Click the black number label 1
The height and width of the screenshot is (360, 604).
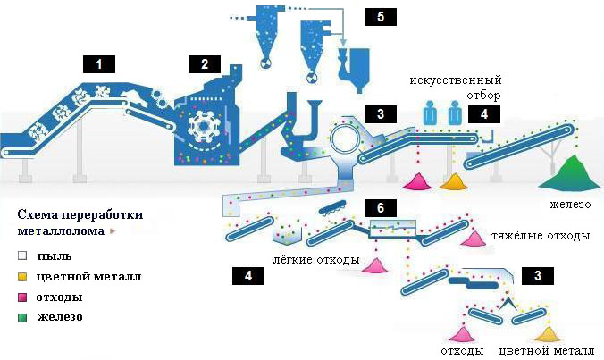(x=100, y=63)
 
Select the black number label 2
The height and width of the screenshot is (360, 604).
(x=205, y=63)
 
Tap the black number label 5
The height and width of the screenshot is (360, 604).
(x=380, y=17)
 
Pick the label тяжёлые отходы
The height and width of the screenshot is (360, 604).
(x=541, y=237)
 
